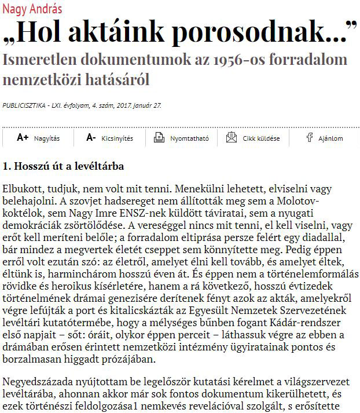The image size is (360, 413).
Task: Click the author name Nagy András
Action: (32, 10)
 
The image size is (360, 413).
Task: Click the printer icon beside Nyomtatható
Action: (159, 138)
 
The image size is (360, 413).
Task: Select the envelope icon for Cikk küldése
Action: (232, 138)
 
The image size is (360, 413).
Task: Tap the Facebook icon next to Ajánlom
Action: (310, 138)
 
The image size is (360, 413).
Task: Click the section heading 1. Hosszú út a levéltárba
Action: (63, 166)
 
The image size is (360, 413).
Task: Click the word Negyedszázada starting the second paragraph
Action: (41, 383)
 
